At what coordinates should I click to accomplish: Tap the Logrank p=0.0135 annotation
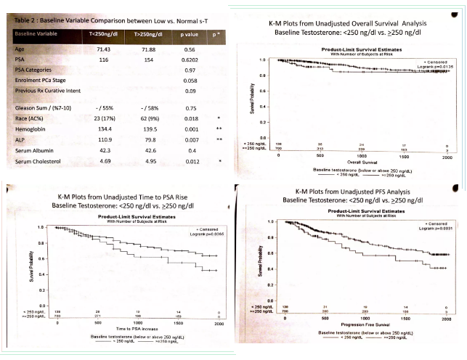(x=428, y=65)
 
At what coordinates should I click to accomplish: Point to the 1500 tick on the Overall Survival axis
(x=404, y=156)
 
